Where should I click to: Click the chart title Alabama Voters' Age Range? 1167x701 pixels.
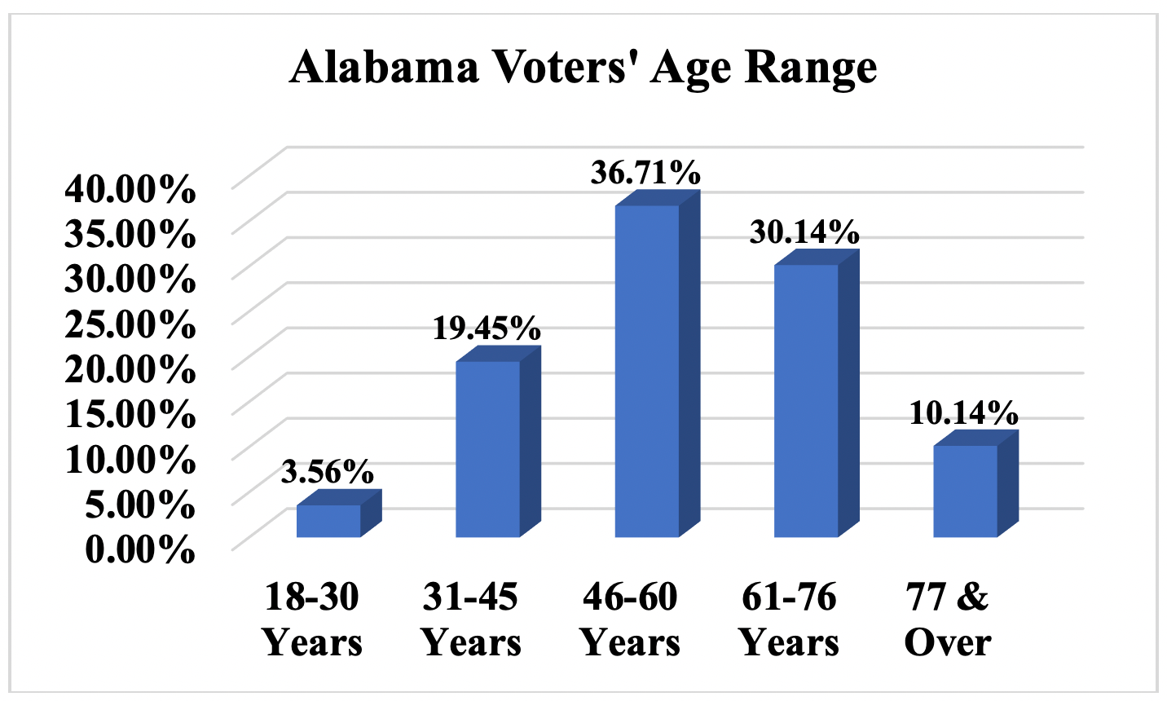583,67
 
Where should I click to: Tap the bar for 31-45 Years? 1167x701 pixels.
487,448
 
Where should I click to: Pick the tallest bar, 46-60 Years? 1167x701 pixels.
647,371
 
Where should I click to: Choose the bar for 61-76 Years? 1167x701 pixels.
806,400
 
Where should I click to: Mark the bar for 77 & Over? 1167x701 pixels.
965,491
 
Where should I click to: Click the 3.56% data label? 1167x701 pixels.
328,471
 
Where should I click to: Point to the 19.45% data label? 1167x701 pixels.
487,328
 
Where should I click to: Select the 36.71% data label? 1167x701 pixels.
645,173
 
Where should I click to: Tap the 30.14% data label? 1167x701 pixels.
804,232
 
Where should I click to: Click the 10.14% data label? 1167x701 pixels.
963,413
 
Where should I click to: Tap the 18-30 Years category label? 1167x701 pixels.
312,619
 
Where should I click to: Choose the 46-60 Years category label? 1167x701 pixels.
630,619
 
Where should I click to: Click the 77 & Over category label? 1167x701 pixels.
948,619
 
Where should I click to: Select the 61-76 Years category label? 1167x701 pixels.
789,619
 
